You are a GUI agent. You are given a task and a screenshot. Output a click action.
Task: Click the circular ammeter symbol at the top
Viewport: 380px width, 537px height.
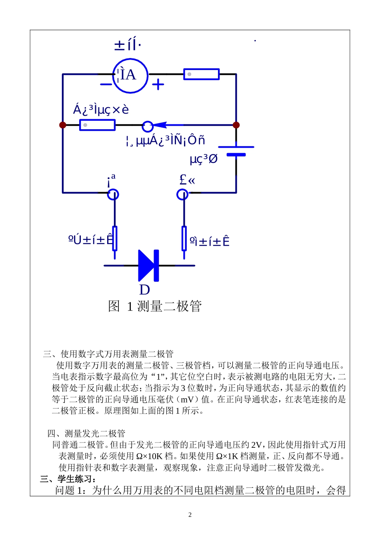click(130, 75)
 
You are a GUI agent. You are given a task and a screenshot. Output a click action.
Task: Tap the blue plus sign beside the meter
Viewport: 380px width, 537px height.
click(158, 84)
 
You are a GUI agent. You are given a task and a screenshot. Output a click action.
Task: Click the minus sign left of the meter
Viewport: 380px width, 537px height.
click(106, 84)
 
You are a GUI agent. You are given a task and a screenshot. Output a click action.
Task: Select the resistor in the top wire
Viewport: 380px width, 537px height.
click(201, 74)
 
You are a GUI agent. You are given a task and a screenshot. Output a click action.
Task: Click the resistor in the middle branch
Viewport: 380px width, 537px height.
click(97, 125)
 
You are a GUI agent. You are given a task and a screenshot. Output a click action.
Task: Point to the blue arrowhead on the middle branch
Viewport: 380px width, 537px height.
click(160, 125)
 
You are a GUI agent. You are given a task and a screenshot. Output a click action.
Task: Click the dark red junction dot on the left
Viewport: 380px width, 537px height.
click(63, 125)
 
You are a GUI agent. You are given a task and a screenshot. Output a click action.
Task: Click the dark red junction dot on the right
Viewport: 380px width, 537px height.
click(236, 125)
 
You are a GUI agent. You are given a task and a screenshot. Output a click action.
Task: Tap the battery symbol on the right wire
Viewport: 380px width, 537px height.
click(236, 150)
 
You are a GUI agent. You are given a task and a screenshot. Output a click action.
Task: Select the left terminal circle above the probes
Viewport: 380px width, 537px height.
click(113, 194)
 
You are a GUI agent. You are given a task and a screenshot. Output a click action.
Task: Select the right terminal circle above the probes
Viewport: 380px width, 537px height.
click(182, 194)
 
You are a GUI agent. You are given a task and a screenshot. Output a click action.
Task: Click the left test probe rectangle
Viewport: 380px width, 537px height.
click(115, 238)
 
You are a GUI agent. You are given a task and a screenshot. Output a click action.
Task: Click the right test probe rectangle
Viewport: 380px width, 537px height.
click(184, 238)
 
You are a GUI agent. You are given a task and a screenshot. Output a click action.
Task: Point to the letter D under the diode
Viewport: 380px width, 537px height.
click(144, 290)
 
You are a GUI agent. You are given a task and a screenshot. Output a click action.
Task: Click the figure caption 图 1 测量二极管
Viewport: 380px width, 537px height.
click(154, 307)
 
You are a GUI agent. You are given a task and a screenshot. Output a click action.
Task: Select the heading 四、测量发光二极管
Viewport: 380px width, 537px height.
click(86, 433)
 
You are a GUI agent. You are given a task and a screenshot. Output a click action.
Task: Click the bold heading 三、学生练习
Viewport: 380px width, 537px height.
click(68, 479)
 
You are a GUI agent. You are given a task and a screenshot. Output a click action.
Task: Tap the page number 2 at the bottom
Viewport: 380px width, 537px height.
click(190, 515)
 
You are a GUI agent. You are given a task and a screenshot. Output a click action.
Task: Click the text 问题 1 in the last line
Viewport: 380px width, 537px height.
click(70, 490)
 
